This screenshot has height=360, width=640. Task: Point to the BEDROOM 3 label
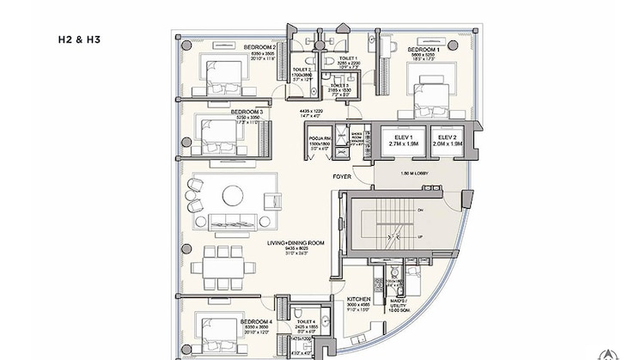(x=247, y=112)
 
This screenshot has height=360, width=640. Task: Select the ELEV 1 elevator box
(x=399, y=143)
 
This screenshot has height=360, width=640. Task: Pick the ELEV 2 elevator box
(x=447, y=143)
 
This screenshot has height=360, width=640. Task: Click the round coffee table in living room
(x=234, y=196)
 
